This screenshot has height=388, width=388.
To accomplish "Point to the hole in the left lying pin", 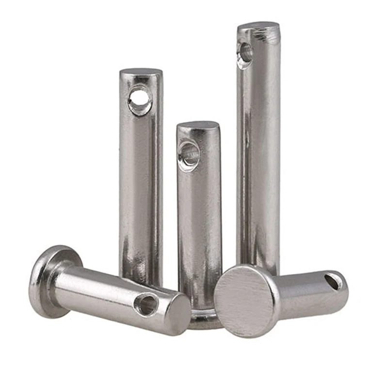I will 147,304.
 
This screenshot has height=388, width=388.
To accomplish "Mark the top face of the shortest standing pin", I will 198,125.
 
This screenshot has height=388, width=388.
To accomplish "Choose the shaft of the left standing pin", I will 141,194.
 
